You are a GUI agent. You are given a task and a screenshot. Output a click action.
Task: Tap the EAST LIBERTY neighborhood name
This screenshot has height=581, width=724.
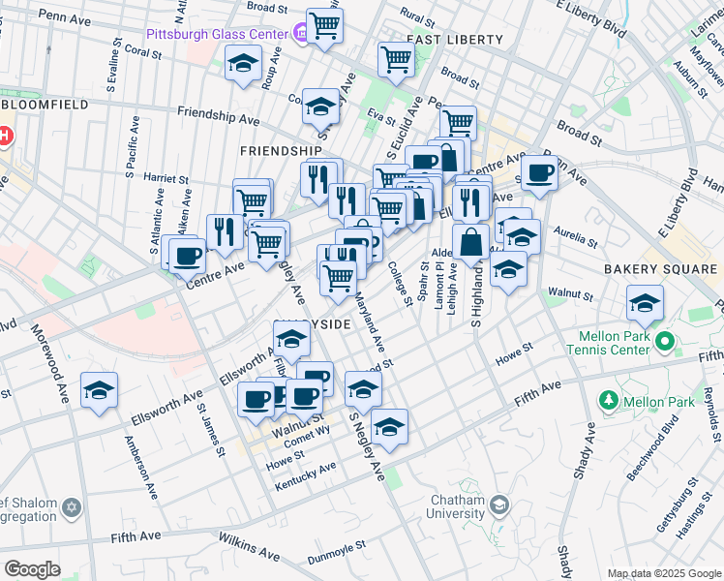pyautogui.click(x=455, y=40)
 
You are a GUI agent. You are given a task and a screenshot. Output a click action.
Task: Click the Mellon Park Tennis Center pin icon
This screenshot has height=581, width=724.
pyautogui.click(x=664, y=342)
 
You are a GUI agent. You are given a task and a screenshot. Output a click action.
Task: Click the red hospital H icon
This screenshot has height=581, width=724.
pyautogui.click(x=5, y=137)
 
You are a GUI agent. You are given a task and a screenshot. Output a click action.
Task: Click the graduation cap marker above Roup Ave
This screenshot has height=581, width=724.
pyautogui.click(x=242, y=65)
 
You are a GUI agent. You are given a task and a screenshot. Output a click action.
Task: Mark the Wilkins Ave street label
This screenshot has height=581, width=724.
pyautogui.click(x=249, y=546)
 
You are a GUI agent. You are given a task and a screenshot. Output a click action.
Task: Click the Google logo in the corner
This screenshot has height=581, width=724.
pyautogui.click(x=33, y=569)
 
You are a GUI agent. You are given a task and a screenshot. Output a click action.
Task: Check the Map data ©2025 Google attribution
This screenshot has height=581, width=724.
pyautogui.click(x=663, y=573)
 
